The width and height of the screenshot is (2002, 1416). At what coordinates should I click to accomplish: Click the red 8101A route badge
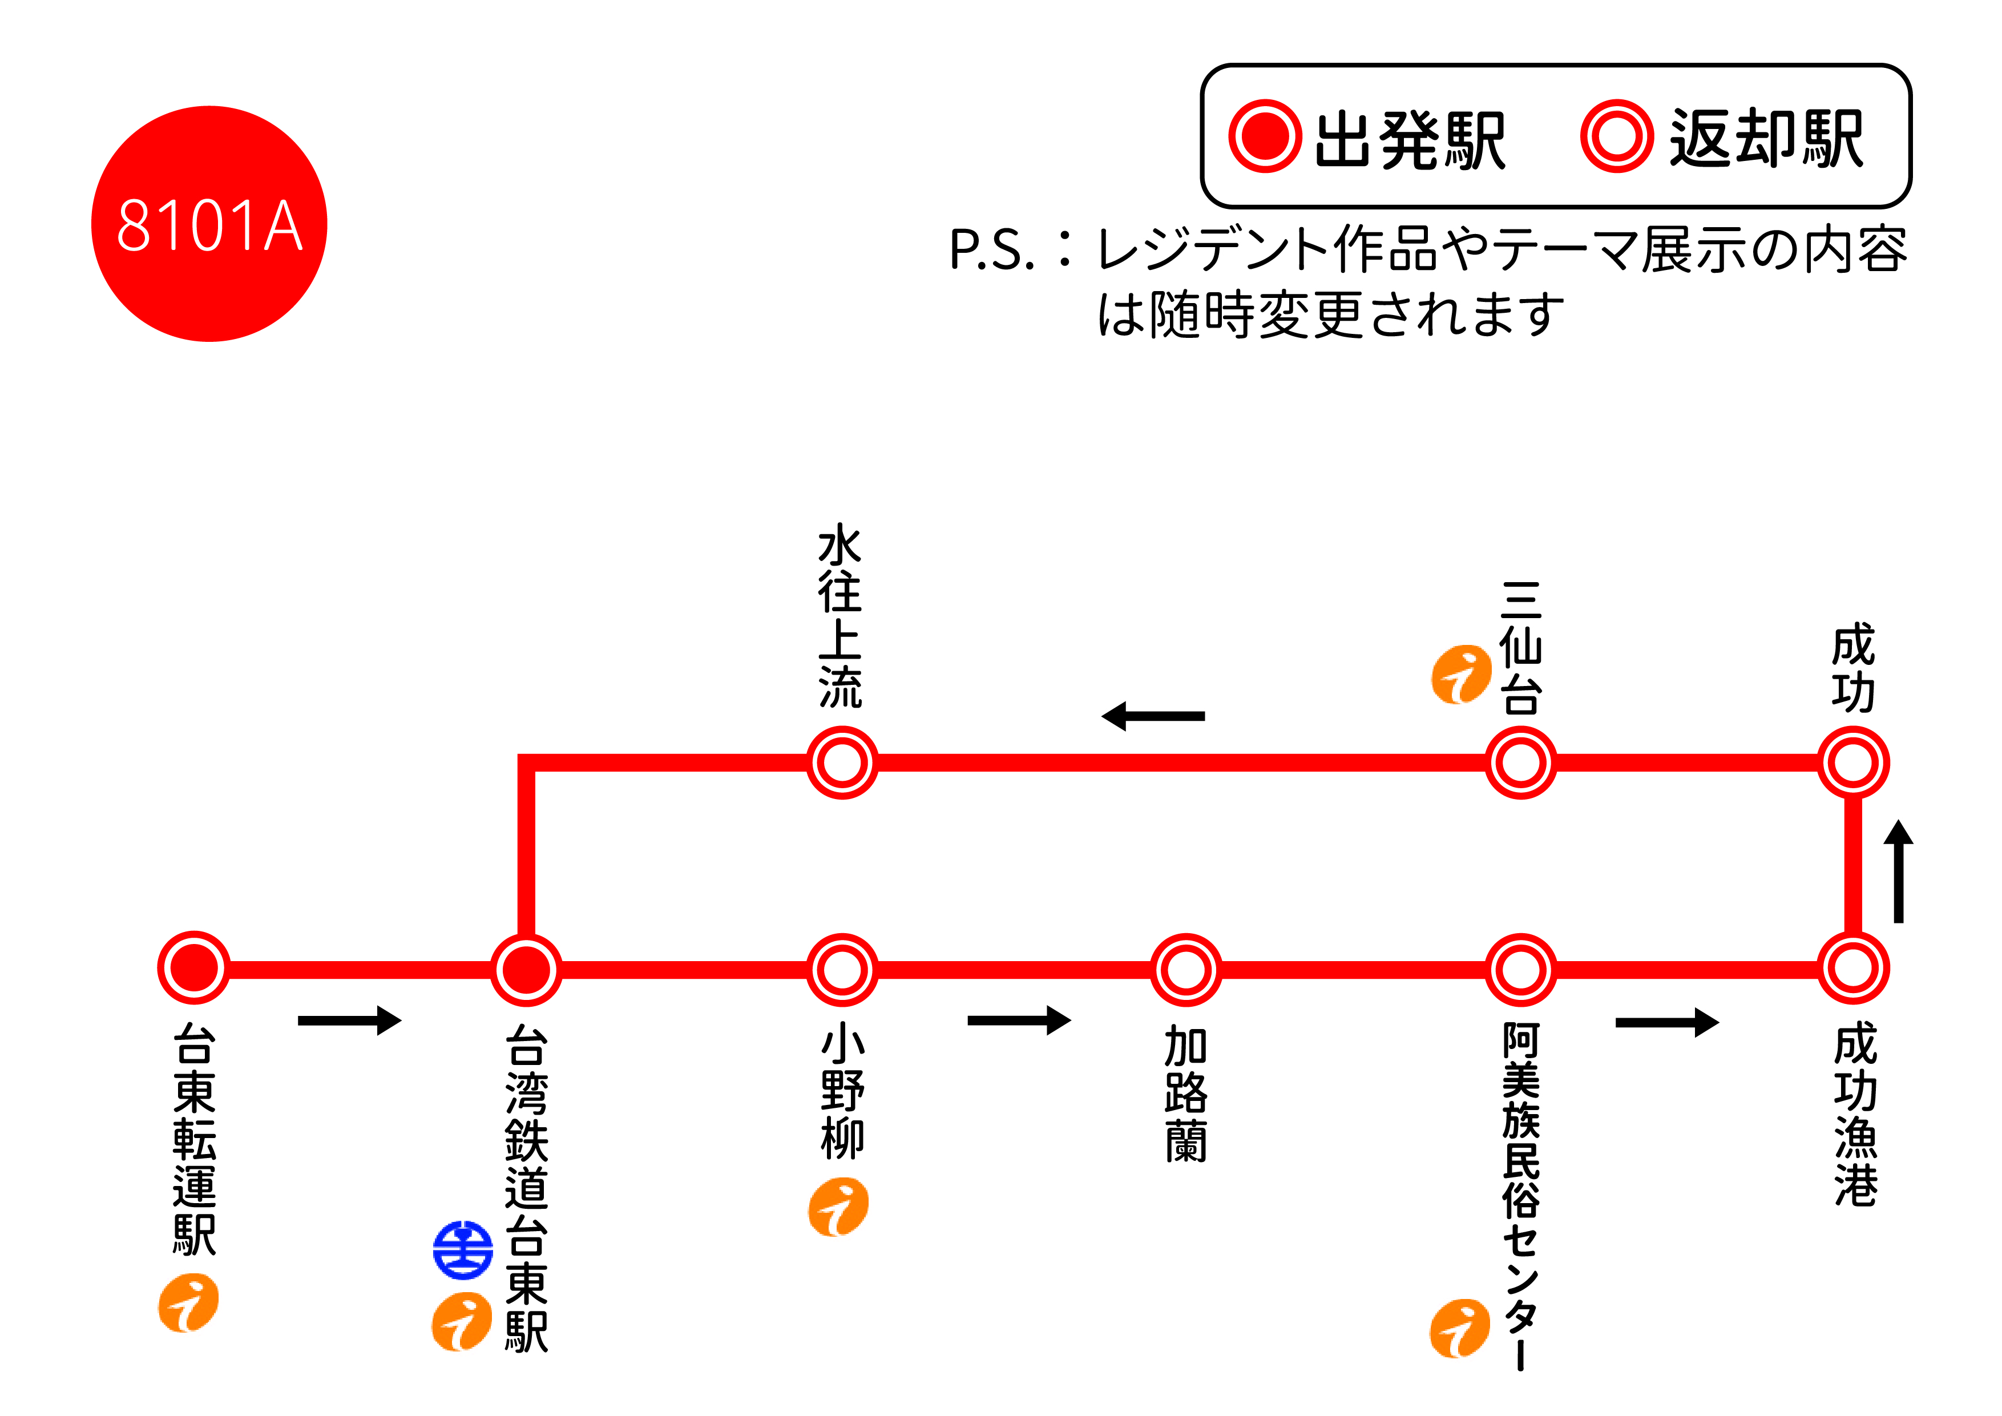point(209,224)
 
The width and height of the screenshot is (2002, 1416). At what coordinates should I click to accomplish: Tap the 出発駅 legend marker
point(1265,137)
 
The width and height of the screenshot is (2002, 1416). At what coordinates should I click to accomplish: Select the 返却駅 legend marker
point(1617,137)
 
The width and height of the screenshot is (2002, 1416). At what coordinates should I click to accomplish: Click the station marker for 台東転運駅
point(193,968)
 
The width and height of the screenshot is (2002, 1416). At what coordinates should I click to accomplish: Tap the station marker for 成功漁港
point(1854,968)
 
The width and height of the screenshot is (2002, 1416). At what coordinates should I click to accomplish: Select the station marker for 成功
point(1854,763)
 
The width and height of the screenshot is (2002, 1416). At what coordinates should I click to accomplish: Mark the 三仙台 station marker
point(1521,763)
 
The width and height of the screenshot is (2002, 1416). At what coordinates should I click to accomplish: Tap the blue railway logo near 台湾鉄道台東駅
point(463,1249)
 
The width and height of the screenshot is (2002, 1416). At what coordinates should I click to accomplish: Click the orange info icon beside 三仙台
point(1462,674)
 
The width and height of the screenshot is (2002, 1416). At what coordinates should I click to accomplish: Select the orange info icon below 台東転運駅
point(188,1302)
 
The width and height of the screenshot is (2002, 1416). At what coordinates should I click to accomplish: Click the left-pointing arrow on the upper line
point(1153,716)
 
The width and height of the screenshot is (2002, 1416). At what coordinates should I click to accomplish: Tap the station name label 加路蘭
point(1186,1094)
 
